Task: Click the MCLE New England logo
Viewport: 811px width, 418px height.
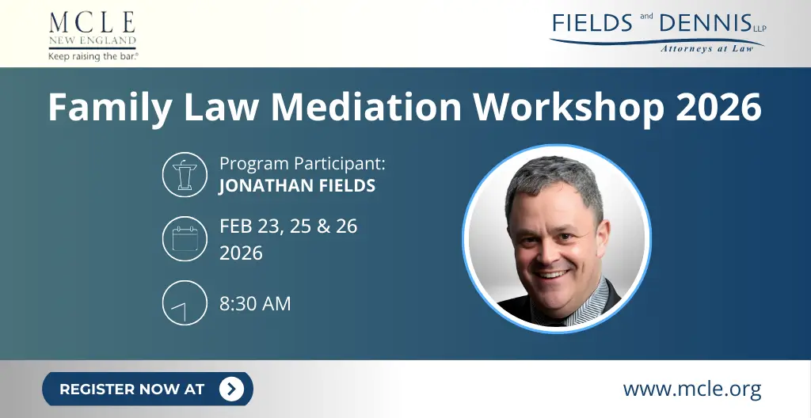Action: [92, 29]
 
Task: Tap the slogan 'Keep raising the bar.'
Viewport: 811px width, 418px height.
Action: [93, 56]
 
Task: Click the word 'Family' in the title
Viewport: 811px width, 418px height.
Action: [108, 107]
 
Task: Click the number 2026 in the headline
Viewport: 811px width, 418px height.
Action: [718, 107]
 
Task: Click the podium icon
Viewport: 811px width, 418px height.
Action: [185, 174]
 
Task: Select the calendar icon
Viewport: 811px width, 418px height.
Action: [185, 238]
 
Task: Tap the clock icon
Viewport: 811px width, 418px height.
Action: [185, 302]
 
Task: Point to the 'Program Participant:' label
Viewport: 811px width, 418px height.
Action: [302, 164]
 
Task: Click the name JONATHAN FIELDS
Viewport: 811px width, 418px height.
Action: [297, 188]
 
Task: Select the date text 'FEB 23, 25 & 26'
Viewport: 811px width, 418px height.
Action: [288, 226]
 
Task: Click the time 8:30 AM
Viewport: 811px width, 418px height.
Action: [255, 303]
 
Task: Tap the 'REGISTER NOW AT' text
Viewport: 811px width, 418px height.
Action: [131, 389]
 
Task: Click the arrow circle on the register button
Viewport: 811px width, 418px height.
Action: [231, 389]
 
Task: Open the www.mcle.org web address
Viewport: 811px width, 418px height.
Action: [692, 389]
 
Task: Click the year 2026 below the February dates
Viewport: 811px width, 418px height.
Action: [241, 253]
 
